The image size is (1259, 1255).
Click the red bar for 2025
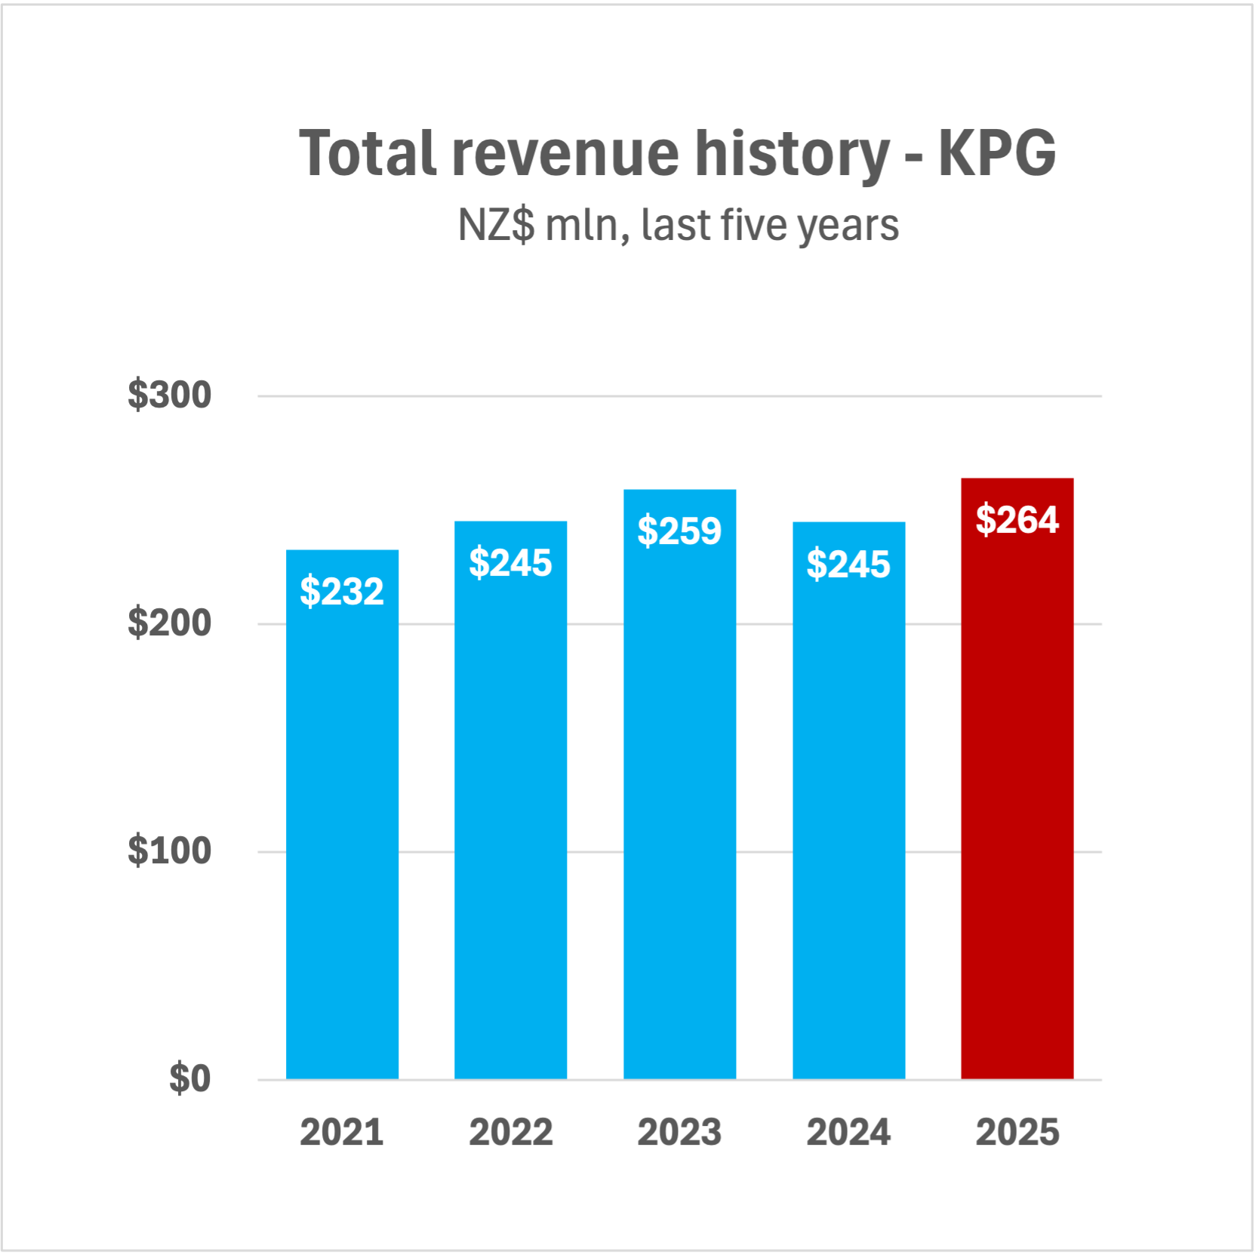[1017, 792]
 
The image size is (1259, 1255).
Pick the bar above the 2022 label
[510, 815]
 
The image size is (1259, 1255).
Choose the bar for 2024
[848, 815]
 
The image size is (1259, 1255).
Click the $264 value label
[1017, 520]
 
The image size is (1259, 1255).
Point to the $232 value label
[342, 591]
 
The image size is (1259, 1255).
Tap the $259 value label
[679, 531]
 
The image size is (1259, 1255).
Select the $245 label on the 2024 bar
[848, 564]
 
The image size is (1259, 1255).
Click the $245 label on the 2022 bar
[510, 563]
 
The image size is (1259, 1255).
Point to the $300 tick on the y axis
[169, 395]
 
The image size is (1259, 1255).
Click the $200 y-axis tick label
[169, 623]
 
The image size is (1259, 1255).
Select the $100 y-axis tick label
[169, 851]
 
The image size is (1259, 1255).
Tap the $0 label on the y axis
[189, 1078]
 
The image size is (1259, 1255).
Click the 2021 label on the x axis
[342, 1132]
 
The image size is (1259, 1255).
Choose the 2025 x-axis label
[1017, 1132]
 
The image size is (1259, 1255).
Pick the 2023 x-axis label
[679, 1132]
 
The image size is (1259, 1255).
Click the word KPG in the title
[996, 153]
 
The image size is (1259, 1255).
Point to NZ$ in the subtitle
[496, 225]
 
